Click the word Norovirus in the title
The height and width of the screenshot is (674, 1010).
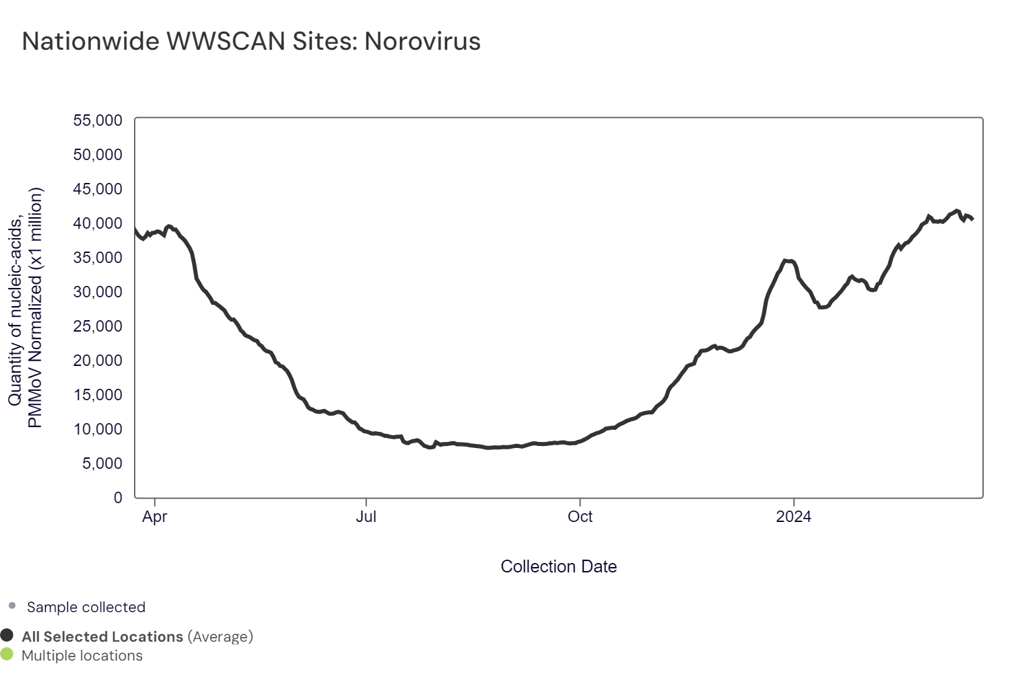tap(422, 42)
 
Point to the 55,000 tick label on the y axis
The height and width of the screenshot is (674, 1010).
tap(98, 120)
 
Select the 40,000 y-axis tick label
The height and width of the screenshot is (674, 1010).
tap(98, 223)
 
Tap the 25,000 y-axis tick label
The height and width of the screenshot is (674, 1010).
tap(98, 326)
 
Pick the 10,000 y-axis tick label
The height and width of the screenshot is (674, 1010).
tap(98, 429)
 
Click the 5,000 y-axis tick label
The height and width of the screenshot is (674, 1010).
tap(102, 463)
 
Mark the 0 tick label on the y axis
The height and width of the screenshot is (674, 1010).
tap(119, 498)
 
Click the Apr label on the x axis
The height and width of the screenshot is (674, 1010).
tap(155, 517)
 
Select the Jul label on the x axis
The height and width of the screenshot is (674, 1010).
tap(366, 517)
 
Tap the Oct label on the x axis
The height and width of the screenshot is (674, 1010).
tap(580, 517)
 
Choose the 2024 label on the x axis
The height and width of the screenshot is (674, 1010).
tap(793, 517)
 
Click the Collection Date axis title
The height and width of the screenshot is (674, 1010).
tap(558, 566)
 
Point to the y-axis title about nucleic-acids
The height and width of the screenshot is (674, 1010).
tap(26, 307)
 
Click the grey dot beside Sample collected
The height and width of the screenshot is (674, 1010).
tap(12, 606)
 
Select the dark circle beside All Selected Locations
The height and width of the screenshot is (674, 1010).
tap(7, 636)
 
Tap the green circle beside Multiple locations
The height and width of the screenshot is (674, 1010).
tap(7, 654)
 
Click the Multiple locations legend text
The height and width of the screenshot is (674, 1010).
tap(82, 655)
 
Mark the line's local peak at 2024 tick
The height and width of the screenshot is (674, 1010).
tap(786, 260)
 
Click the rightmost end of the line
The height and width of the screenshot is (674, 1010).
tap(972, 219)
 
